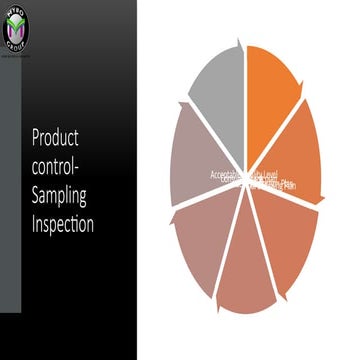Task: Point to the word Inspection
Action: point(62,224)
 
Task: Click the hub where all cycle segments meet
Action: point(247,179)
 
